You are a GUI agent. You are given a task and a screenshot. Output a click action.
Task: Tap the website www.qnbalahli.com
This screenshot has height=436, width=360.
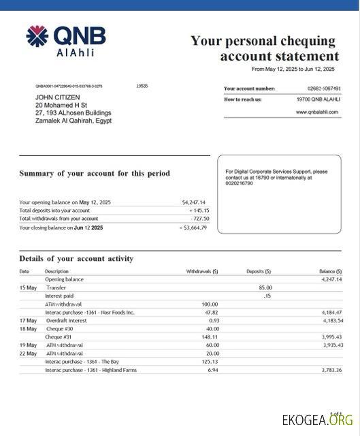pos(317,112)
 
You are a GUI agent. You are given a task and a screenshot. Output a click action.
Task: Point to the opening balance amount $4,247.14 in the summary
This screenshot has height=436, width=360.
pos(194,202)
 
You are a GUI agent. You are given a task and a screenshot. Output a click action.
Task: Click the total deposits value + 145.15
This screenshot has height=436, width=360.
pos(199,211)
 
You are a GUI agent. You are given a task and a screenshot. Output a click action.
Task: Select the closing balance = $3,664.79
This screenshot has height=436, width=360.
pos(193,228)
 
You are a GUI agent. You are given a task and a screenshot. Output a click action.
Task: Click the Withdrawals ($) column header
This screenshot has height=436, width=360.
pos(202,271)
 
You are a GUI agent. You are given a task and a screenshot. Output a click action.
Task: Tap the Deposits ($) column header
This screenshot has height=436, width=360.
pos(259,271)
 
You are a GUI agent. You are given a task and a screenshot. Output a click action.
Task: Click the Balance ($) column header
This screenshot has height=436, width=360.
pos(330,271)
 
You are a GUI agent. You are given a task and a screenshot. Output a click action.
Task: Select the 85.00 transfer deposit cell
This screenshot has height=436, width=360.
pos(265,287)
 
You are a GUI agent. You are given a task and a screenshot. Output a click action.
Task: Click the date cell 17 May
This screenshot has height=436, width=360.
pos(28,320)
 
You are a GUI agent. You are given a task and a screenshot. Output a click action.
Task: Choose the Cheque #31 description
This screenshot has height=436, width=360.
pos(58,337)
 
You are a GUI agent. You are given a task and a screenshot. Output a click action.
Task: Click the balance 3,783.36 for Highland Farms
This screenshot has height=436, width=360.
pos(331,370)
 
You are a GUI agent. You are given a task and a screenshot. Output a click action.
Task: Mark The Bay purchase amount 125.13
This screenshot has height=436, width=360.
pos(210,362)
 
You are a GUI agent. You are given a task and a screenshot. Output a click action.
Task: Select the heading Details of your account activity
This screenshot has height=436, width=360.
pos(76,259)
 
